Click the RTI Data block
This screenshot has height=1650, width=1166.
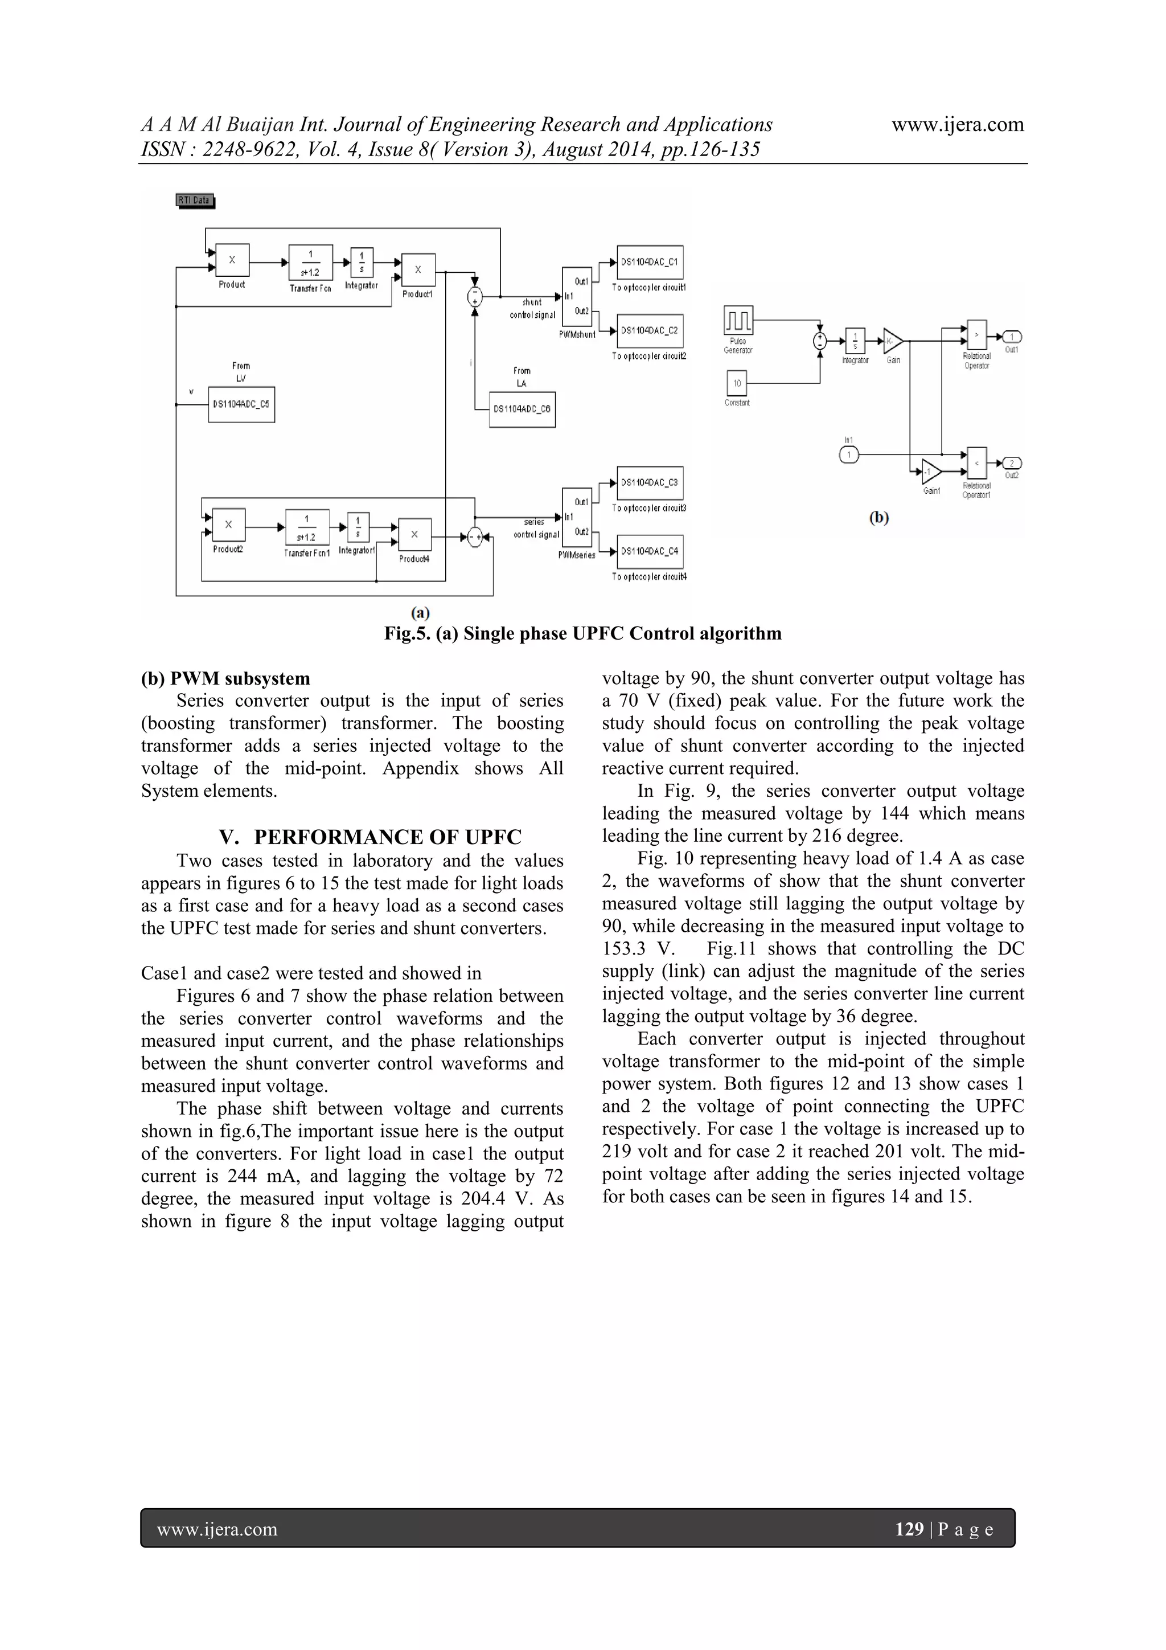pos(195,200)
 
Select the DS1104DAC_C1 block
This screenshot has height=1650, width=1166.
pos(650,263)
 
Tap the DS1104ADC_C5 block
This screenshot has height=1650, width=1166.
pos(241,404)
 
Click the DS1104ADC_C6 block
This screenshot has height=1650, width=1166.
pos(522,410)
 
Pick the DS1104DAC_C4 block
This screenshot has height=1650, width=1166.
pos(650,551)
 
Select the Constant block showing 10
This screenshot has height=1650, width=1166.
pos(736,384)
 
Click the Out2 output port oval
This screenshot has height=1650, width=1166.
pos(1012,464)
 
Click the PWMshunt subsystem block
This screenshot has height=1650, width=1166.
pos(577,297)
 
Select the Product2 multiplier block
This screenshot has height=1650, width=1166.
pos(228,525)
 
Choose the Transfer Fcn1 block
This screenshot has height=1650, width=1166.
pos(307,528)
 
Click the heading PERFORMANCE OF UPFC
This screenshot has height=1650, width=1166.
pos(370,837)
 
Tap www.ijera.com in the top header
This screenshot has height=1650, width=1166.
pos(957,125)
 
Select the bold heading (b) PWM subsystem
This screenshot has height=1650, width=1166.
pos(225,678)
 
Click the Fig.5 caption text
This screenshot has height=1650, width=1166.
pos(582,634)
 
